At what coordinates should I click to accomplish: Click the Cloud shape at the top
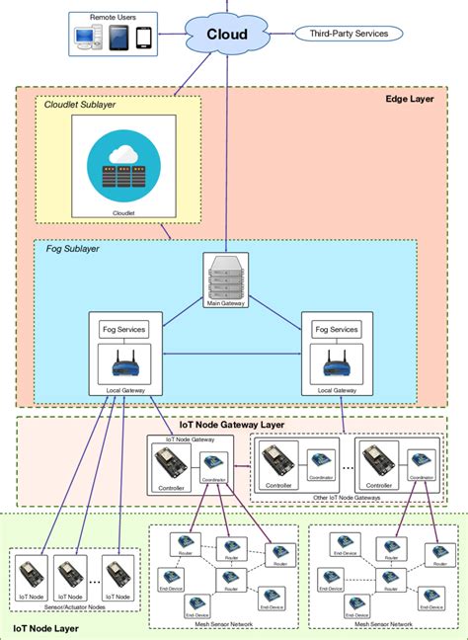(x=226, y=35)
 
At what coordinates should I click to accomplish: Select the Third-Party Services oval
(x=349, y=34)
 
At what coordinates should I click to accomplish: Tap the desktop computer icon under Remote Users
(x=85, y=39)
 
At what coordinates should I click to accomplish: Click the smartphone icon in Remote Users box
(x=143, y=39)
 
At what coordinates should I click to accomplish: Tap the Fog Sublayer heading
(x=73, y=249)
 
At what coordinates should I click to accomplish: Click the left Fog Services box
(x=124, y=329)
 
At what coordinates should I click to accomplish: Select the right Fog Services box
(x=336, y=329)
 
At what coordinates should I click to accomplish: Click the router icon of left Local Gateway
(x=124, y=368)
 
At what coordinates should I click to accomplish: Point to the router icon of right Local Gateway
(x=336, y=368)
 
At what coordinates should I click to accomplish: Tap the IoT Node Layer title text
(x=46, y=627)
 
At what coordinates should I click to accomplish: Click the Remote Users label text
(x=114, y=18)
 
